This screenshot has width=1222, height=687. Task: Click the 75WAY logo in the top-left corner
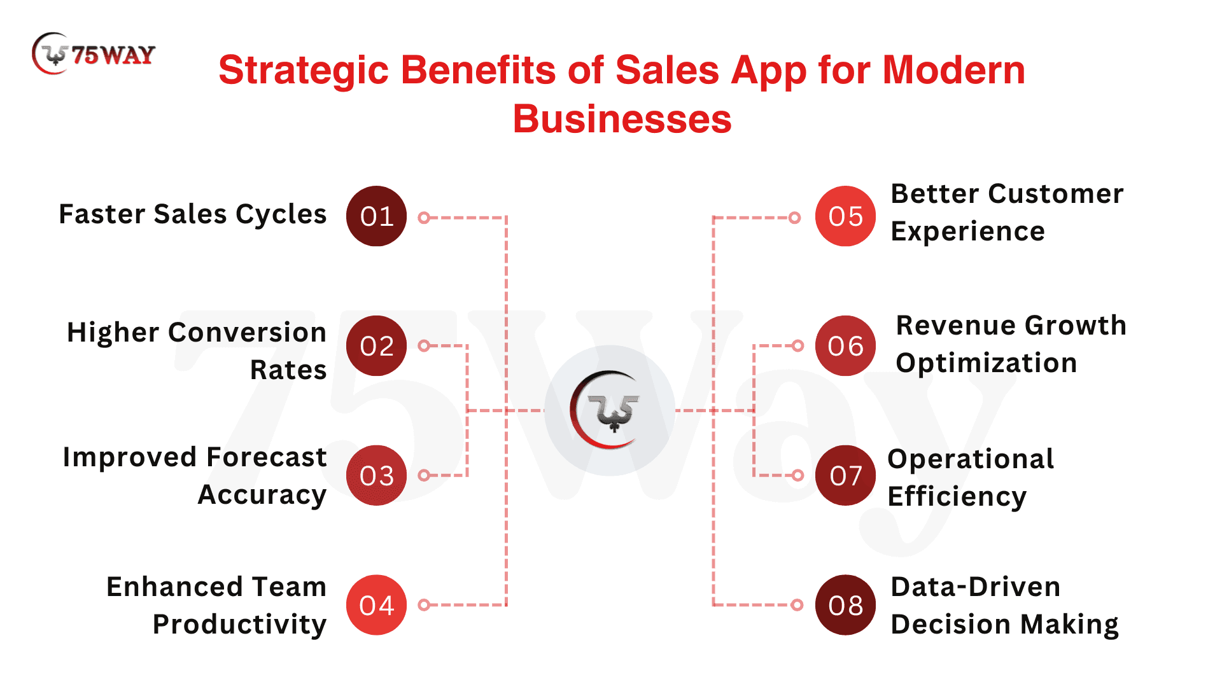[93, 54]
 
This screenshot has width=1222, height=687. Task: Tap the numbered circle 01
[376, 216]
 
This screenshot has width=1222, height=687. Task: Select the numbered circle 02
[376, 346]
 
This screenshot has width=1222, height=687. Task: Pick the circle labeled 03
[376, 475]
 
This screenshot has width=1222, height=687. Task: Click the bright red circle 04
[376, 605]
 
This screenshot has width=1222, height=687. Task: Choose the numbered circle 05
[845, 216]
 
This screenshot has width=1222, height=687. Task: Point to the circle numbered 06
[845, 346]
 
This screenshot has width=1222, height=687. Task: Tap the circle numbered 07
[845, 475]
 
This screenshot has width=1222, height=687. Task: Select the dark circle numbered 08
[845, 605]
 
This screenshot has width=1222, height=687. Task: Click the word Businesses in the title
[622, 119]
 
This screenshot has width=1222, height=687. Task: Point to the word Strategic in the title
[304, 71]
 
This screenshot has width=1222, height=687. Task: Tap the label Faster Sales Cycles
[192, 214]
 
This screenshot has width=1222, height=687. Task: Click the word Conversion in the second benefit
[247, 332]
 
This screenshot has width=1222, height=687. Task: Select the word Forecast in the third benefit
[266, 457]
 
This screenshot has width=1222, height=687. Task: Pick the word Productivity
[239, 625]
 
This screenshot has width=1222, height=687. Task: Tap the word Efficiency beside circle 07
[957, 497]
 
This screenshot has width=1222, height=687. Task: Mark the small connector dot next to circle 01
[424, 218]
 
